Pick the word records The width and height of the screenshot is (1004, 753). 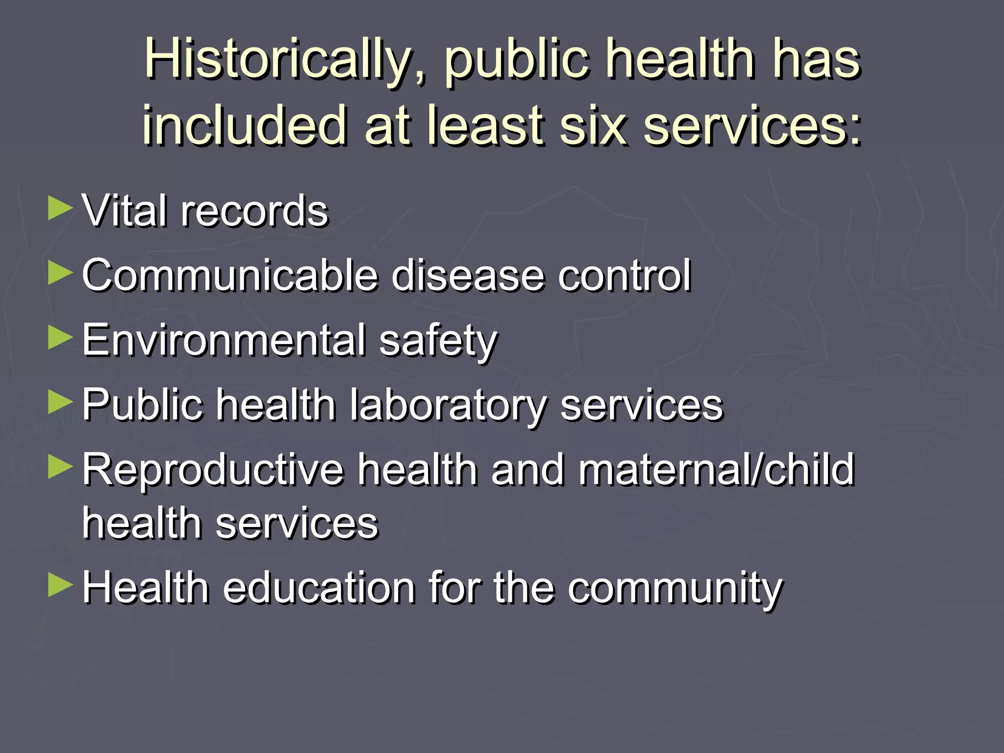pos(254,212)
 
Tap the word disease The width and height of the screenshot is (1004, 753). pos(468,275)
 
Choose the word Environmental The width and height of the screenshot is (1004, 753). pos(224,340)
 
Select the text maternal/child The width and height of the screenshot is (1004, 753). pos(716,470)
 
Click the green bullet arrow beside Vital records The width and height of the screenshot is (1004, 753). pos(60,208)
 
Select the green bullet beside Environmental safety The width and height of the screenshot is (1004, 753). pos(60,338)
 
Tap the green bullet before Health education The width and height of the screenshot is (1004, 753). pos(60,585)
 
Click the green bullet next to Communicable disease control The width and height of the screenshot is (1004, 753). pos(60,273)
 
